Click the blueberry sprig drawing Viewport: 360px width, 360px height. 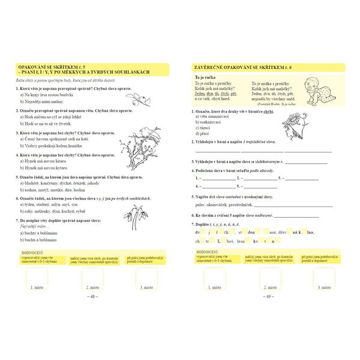[139, 98]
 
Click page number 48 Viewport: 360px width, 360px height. [92, 296]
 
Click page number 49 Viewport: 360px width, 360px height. [269, 296]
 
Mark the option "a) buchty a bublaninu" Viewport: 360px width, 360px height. [43, 232]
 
